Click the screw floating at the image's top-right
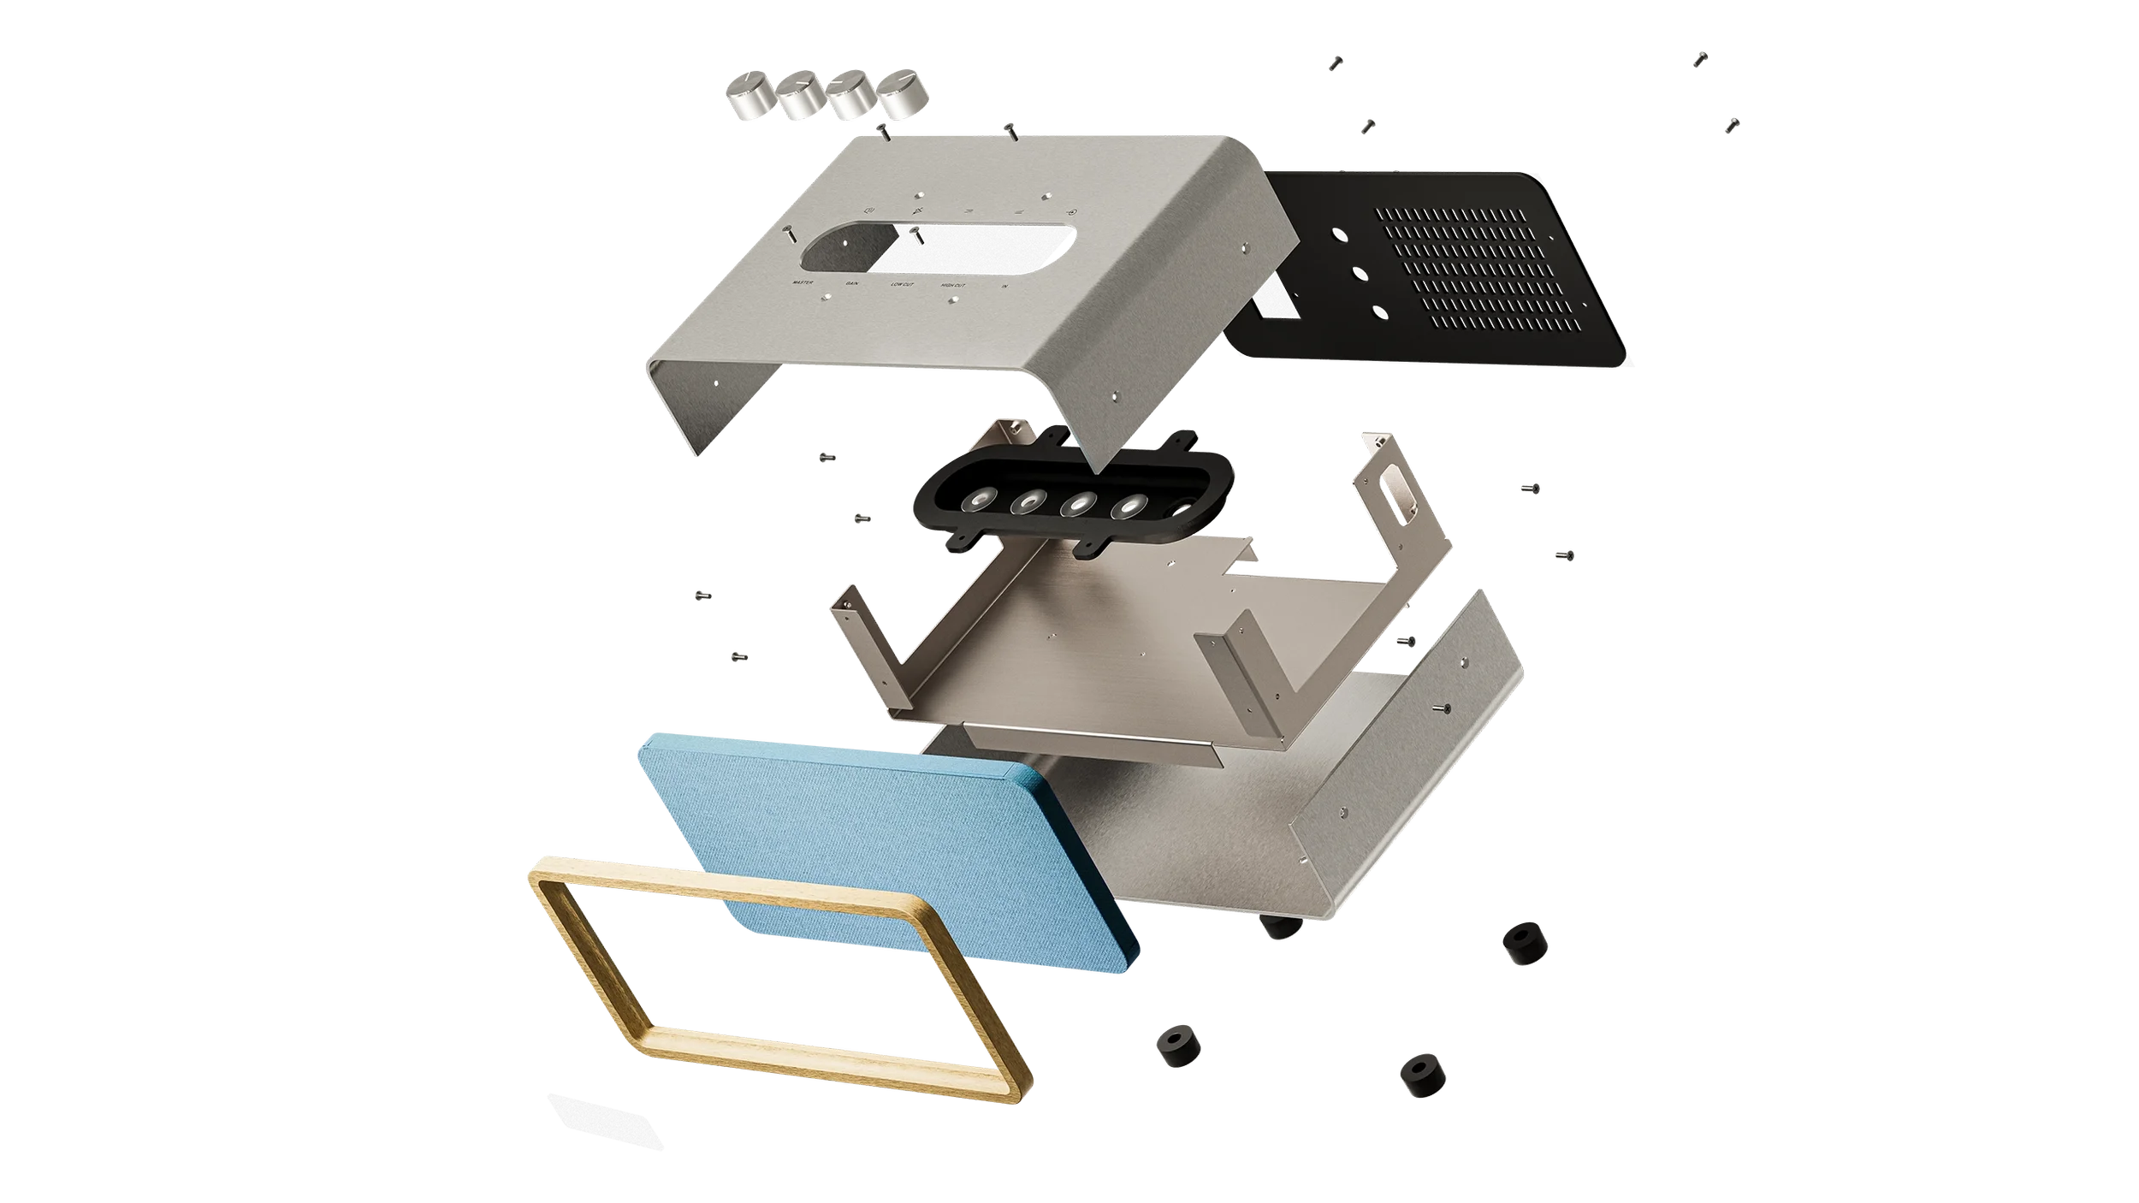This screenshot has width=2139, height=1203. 1701,58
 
